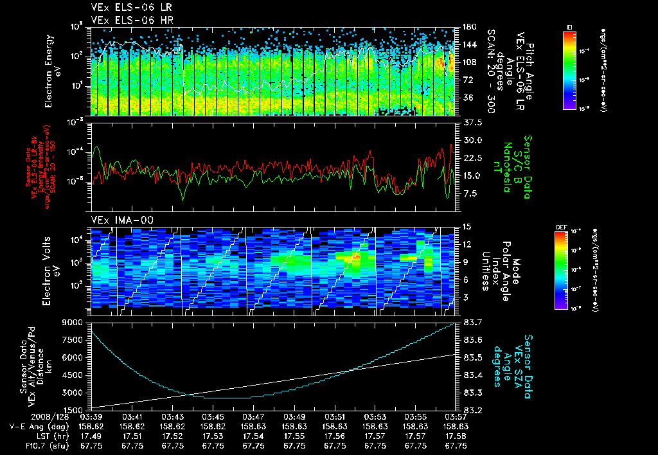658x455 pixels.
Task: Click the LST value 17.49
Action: (93, 435)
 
